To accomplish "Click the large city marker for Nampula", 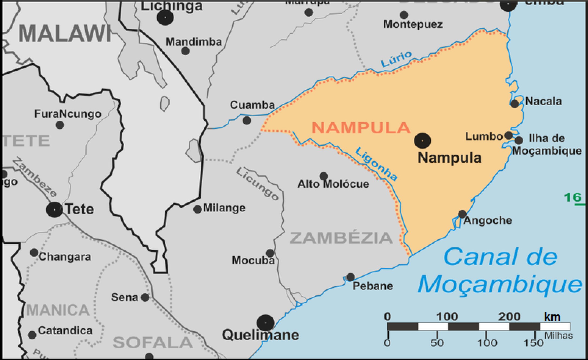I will click(x=422, y=140).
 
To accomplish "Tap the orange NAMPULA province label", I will click(x=361, y=128).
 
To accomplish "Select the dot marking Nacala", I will click(x=514, y=104).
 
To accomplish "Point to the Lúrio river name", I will click(x=396, y=59).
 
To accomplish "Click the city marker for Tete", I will click(x=54, y=210).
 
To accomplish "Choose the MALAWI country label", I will click(x=65, y=34).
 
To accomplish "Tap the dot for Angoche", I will click(x=462, y=214).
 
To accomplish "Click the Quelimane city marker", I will click(x=265, y=323).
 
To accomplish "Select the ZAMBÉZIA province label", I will click(x=341, y=238).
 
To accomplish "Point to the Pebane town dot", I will click(x=350, y=277).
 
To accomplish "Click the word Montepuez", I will click(x=413, y=24).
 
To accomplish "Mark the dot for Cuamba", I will click(x=247, y=120).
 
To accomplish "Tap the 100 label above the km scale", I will click(x=447, y=316).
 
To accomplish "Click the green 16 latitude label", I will click(x=573, y=197).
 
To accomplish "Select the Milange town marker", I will click(x=198, y=209).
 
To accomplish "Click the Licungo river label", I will click(x=257, y=184).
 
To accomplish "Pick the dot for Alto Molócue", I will click(x=324, y=176).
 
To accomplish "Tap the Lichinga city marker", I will click(x=165, y=18).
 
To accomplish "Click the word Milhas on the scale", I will click(x=558, y=336).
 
